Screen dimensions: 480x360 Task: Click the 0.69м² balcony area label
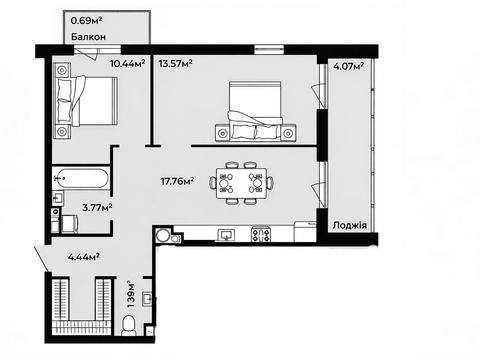click(x=86, y=21)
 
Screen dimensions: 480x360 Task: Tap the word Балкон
click(x=88, y=37)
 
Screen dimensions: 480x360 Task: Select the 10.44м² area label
click(x=128, y=63)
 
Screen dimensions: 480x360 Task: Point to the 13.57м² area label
click(x=176, y=63)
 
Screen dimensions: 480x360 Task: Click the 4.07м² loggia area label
click(x=349, y=66)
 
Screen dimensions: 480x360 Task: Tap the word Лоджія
click(x=350, y=225)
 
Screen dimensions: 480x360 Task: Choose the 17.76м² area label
click(x=178, y=181)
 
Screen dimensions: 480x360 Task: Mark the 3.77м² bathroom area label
click(x=97, y=208)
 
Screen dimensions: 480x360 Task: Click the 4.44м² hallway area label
click(x=84, y=257)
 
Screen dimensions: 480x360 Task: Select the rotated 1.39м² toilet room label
click(x=131, y=294)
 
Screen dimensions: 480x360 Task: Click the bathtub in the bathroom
click(x=80, y=178)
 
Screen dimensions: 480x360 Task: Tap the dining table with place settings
click(x=242, y=183)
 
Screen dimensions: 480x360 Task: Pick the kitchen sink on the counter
click(x=226, y=235)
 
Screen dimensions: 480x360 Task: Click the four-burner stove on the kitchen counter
click(x=261, y=234)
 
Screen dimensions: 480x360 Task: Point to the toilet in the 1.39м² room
click(x=128, y=326)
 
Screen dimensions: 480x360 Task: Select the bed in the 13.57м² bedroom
click(x=255, y=111)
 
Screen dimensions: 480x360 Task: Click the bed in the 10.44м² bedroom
click(x=86, y=101)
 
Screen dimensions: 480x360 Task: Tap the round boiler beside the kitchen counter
click(x=163, y=235)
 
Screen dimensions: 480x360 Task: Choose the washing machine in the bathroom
click(x=70, y=224)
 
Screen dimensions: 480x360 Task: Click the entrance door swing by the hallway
click(x=42, y=259)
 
